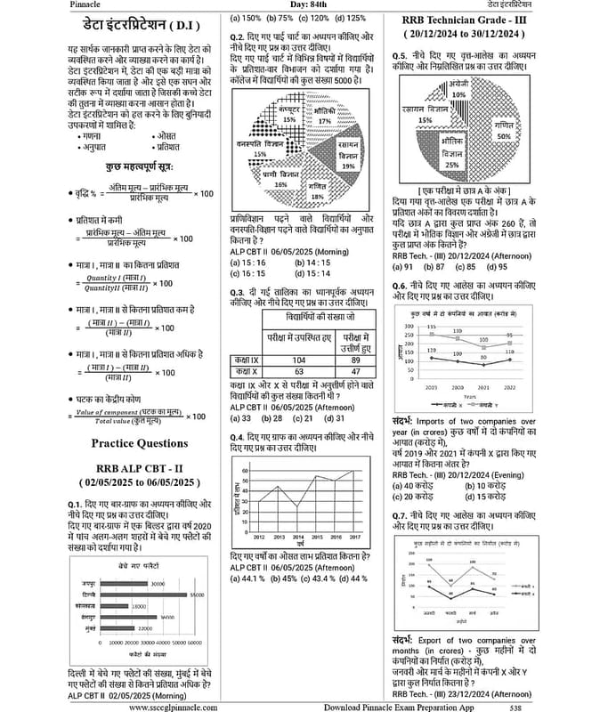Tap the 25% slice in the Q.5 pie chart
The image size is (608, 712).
coord(451,158)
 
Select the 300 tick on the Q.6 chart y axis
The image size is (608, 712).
coord(409,327)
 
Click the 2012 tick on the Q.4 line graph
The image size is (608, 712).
coord(257,538)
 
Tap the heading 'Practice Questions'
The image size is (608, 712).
coord(139,443)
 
